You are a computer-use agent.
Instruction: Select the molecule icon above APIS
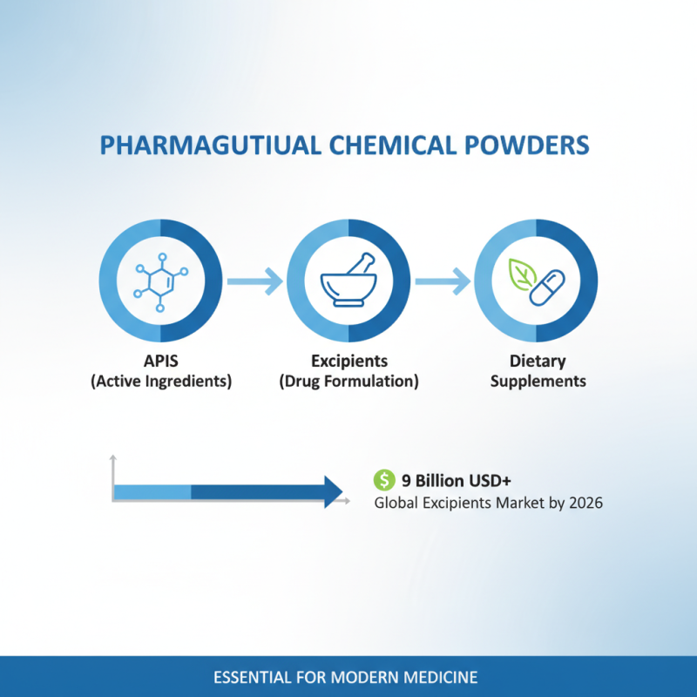[161, 281]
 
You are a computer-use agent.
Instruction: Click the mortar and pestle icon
[348, 281]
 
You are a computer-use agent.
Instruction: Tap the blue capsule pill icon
[549, 287]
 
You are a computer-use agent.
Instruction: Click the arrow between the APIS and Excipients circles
[254, 281]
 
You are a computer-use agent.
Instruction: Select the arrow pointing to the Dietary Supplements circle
[443, 281]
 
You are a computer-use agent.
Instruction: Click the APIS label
[161, 361]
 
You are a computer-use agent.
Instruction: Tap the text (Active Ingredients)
[161, 382]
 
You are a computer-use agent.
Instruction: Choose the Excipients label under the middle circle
[348, 361]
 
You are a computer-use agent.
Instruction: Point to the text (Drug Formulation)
[348, 382]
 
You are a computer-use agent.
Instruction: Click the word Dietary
[538, 361]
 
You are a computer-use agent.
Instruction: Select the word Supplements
[538, 382]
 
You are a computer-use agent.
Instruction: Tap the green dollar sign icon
[383, 479]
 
